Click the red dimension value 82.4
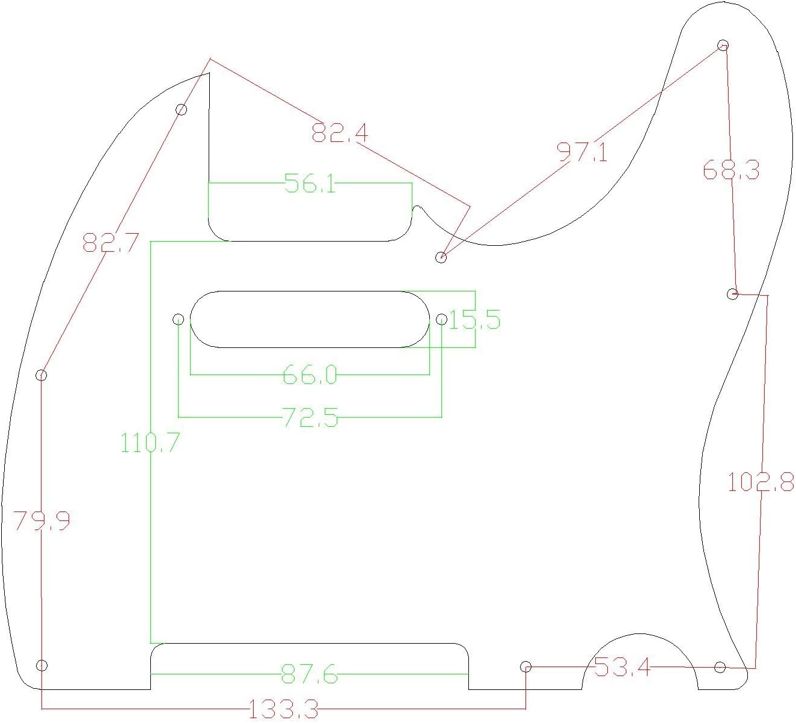pos(340,133)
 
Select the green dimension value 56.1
pos(310,183)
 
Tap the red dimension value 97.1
pos(582,152)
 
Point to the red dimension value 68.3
pos(731,170)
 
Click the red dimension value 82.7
pos(111,242)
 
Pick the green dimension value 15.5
pos(474,320)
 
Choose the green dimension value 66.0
pos(310,374)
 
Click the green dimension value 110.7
pos(150,442)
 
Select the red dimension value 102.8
pos(761,482)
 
